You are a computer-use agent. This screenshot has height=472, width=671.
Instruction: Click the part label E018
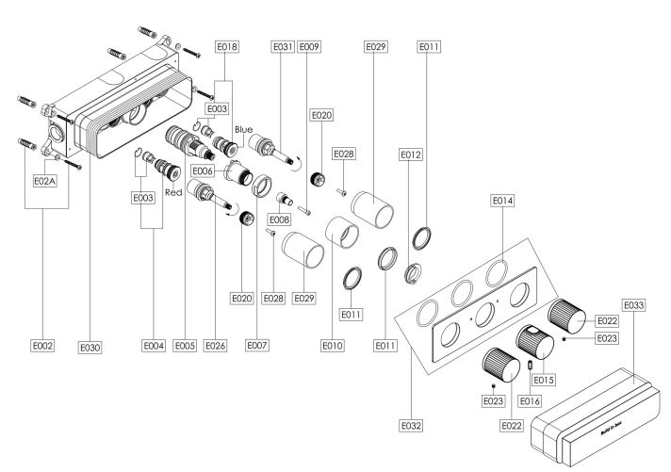click(227, 46)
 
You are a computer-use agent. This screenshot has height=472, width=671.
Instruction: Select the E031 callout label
click(284, 46)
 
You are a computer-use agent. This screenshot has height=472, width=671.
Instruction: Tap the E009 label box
click(309, 46)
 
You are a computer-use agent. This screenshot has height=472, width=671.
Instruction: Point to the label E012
click(410, 155)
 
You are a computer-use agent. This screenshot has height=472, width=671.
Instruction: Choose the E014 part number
click(502, 201)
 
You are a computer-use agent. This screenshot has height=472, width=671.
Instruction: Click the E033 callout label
click(633, 305)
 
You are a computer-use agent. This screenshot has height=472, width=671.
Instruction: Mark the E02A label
click(45, 181)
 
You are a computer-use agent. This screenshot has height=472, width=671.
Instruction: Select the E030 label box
click(90, 348)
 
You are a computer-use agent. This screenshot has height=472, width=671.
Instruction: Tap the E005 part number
click(185, 346)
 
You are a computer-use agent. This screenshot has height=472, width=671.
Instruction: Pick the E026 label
click(215, 346)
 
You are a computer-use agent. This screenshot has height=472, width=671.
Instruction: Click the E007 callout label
click(256, 345)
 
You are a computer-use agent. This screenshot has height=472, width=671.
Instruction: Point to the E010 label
click(333, 346)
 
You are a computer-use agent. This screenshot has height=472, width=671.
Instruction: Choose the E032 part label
click(411, 426)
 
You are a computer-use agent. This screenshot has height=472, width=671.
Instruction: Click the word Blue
click(243, 130)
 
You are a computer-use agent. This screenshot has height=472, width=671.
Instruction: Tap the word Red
click(173, 192)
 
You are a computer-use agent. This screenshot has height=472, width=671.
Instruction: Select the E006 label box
click(203, 171)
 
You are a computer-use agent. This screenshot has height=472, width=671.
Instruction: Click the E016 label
click(530, 401)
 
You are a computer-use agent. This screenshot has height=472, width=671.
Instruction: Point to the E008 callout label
click(280, 220)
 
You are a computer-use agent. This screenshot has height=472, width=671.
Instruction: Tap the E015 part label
click(544, 380)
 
